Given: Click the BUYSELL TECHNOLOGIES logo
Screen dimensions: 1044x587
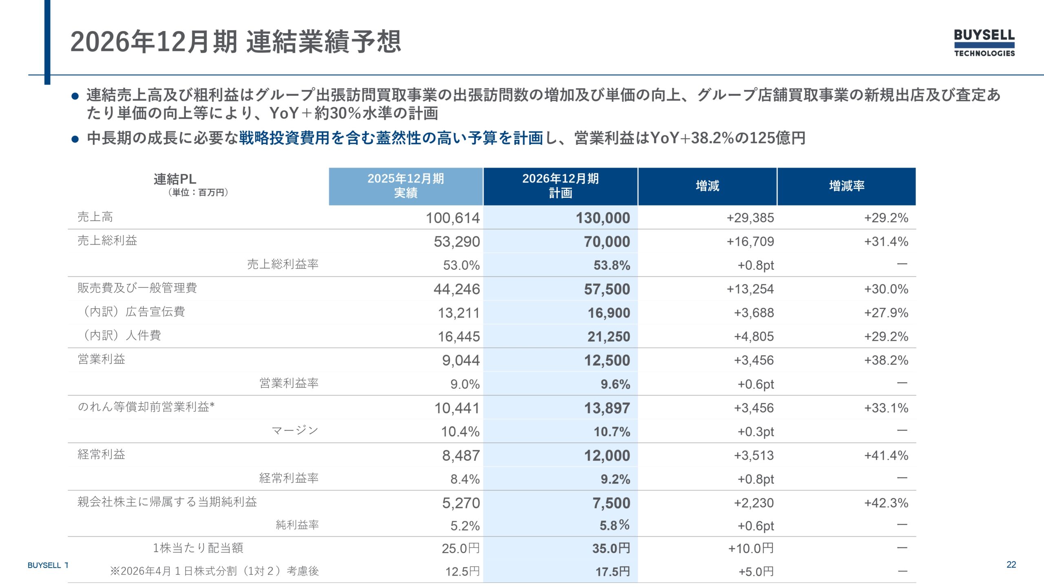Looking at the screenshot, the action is tap(984, 43).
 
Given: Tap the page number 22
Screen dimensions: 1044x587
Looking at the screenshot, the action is tap(1011, 565).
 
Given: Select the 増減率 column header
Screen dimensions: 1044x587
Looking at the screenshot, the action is tap(847, 186).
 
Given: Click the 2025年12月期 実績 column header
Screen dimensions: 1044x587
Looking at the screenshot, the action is tap(406, 186).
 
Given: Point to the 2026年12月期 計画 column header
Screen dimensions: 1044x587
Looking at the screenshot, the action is tap(560, 186).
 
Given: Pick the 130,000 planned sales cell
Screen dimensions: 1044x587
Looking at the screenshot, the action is tap(603, 218).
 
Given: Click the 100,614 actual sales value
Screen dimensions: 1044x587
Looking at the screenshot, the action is tap(453, 218).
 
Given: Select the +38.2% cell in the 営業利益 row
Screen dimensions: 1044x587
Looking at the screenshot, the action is tap(886, 360).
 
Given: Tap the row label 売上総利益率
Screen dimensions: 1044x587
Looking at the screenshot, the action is tap(283, 264).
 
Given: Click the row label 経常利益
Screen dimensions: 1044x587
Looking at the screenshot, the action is tap(101, 454).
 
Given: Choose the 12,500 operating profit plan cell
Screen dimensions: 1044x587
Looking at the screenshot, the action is tap(607, 360).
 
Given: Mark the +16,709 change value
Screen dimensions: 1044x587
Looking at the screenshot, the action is tap(750, 242).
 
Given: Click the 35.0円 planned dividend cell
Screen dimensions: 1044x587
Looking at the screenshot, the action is tap(611, 548).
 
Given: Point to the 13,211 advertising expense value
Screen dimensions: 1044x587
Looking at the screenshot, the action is tap(459, 313).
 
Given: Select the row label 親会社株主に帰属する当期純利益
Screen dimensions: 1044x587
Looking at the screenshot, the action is tap(167, 502).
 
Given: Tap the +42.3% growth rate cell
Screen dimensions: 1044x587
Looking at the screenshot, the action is tap(886, 503).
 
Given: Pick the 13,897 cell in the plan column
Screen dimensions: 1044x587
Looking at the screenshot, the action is tap(607, 408).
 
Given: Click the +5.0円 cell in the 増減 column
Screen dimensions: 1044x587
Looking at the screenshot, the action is tap(756, 572).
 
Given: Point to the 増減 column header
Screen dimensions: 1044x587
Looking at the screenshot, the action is tap(708, 186).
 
